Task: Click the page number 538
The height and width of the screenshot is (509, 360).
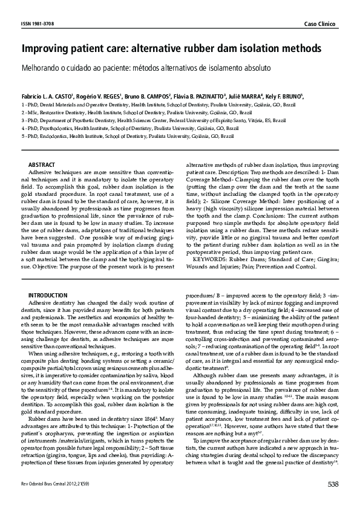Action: tap(332, 484)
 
